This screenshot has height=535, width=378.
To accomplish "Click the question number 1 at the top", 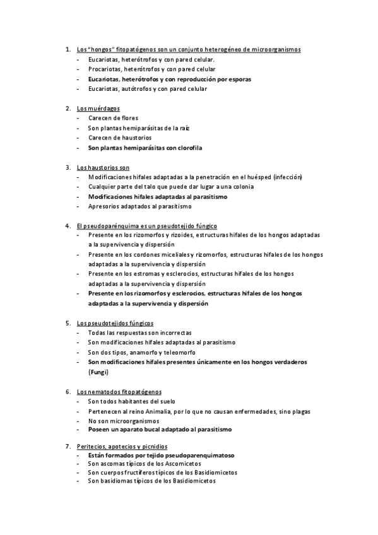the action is coord(67,49).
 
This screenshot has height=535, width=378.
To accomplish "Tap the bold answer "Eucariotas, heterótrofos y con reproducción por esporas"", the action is coord(169,79).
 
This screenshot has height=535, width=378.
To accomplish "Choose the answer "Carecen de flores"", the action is coord(113,118).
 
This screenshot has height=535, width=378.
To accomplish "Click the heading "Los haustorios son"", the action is coord(103,167).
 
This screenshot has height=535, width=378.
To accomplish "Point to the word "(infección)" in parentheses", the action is coord(287,177).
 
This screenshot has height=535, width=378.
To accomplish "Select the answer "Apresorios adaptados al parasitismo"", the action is coord(139,206).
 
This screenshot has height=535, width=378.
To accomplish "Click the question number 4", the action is coord(67,225).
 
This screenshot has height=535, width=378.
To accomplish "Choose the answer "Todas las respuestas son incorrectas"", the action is coord(139,332).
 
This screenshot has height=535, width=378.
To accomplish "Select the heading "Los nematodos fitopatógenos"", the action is coord(119,391).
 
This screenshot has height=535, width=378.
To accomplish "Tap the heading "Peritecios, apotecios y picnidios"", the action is coord(122,447).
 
